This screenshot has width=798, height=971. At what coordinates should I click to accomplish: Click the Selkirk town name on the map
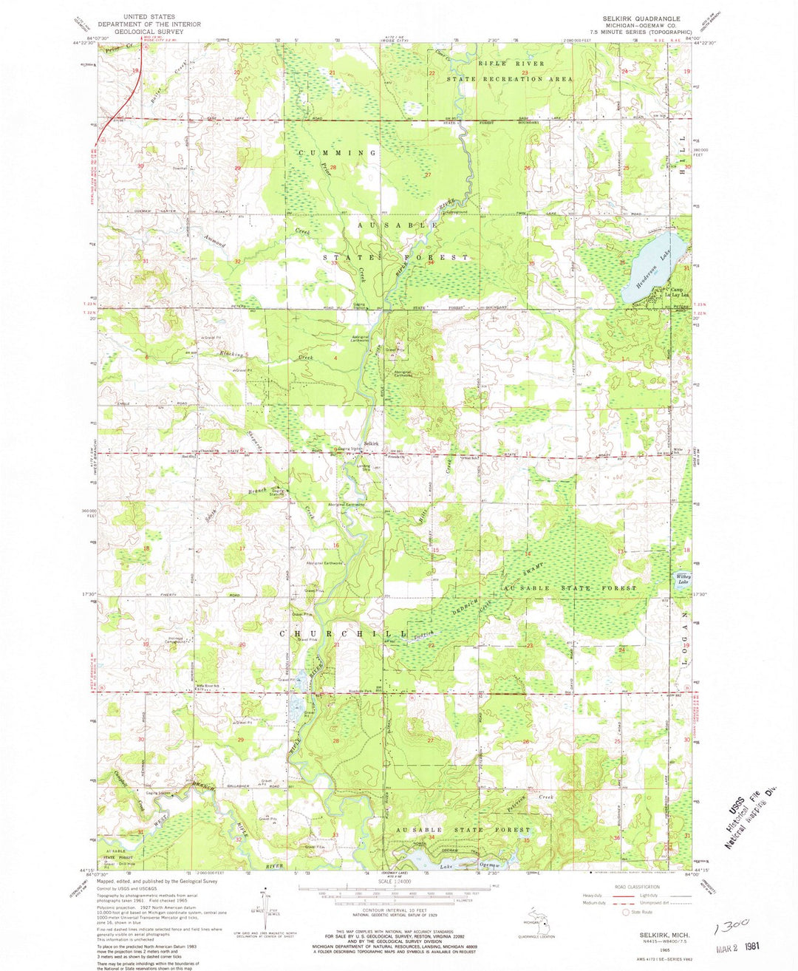coord(370,443)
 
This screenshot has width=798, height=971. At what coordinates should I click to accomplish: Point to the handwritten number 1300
coord(731,924)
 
